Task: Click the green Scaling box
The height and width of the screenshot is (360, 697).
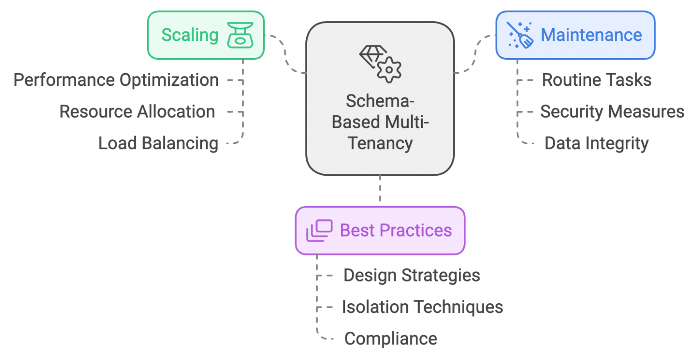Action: (x=206, y=35)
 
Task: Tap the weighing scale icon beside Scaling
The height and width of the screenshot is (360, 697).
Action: (x=240, y=35)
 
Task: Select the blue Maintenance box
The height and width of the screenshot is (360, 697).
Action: (x=575, y=35)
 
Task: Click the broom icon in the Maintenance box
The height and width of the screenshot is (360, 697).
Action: (x=520, y=35)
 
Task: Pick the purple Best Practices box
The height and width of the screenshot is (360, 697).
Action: (x=380, y=231)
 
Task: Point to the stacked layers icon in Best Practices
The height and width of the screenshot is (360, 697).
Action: (x=319, y=231)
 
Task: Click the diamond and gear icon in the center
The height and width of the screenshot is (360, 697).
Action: (x=380, y=64)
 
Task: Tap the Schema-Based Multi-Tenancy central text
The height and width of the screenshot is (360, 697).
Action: (x=380, y=122)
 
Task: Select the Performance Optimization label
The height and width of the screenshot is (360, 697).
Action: (x=116, y=80)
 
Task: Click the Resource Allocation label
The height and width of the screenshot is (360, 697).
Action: (x=137, y=112)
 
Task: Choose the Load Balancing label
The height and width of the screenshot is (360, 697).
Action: (x=158, y=143)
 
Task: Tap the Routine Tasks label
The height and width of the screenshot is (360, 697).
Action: (x=597, y=80)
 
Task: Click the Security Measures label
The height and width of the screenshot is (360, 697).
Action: (x=612, y=112)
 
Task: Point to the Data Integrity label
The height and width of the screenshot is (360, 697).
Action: (x=596, y=143)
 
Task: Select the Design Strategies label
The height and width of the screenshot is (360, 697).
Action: (x=412, y=275)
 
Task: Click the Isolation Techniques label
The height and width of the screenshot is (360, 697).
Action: (x=422, y=307)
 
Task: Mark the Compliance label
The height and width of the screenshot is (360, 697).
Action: (x=391, y=339)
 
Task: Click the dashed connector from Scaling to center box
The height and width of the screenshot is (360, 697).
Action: (x=285, y=54)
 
